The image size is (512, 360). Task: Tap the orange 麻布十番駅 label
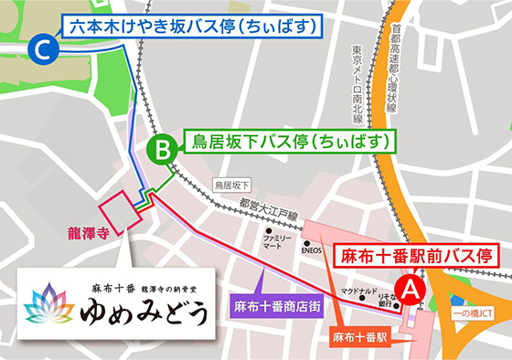tap(360, 337)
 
